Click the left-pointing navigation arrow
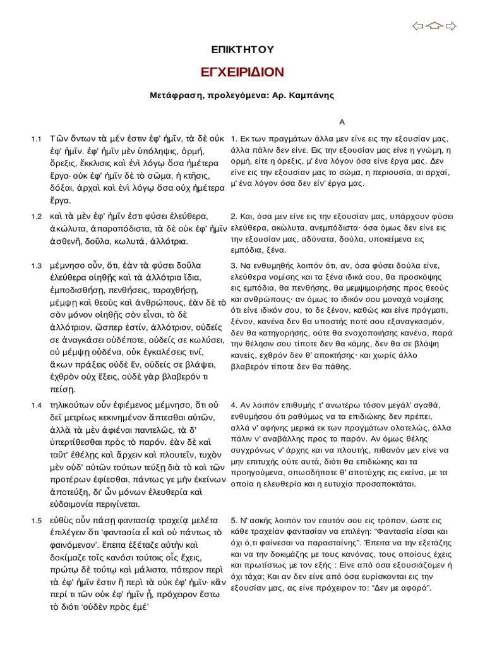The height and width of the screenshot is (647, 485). [417, 26]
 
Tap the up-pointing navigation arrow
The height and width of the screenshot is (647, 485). [434, 26]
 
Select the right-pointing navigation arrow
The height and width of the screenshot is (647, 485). [451, 26]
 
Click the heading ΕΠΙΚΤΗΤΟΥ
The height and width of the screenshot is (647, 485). [242, 49]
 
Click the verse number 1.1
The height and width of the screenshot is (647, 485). [36, 139]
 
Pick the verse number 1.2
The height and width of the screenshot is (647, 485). [36, 217]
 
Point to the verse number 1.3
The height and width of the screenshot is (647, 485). [36, 266]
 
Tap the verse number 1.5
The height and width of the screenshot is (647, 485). [36, 520]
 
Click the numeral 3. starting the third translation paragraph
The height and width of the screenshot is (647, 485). [234, 265]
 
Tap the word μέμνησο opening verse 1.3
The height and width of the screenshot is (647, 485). [68, 266]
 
